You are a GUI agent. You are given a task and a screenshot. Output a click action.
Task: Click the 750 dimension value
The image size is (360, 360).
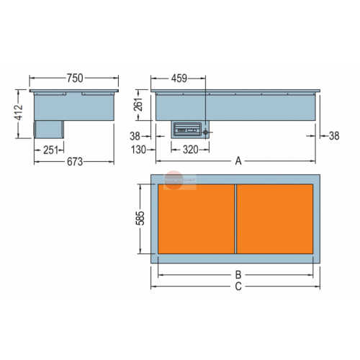pos(75,78)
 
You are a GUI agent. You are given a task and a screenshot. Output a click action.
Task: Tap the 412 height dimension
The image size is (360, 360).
pos(19,112)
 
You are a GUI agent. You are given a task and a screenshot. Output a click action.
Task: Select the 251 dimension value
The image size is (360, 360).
pos(50,150)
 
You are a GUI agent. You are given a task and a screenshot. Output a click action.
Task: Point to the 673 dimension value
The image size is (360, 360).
pos(75,162)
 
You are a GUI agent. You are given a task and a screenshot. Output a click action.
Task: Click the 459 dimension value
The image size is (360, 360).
pos(179,78)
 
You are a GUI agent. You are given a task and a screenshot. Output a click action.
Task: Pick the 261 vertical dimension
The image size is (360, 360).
pos(138,104)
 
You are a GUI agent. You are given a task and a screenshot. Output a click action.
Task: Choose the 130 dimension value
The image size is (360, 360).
pos(138,150)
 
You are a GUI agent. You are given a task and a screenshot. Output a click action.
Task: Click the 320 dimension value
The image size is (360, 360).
pos(191,150)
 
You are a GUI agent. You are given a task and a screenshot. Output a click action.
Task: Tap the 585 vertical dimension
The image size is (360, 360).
pos(140,218)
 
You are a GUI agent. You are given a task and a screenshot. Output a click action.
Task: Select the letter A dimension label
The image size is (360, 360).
pos(238,161)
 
